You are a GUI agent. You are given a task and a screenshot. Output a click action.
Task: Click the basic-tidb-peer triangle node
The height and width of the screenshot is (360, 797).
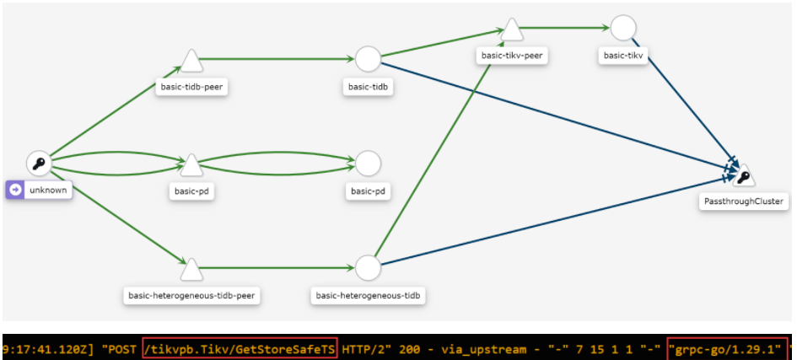pos(191,62)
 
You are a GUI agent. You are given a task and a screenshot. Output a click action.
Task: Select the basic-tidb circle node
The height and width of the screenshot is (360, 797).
pos(368,59)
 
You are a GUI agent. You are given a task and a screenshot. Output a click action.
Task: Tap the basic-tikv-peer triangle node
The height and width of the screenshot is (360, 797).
pos(511,30)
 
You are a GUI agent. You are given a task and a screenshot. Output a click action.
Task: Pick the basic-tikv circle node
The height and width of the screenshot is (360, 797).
pos(622,28)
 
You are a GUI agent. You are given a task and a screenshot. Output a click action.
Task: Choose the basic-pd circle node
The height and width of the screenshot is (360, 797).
pos(368,164)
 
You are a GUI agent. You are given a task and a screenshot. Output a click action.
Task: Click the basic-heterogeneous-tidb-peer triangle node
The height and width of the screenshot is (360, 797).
pos(191,269)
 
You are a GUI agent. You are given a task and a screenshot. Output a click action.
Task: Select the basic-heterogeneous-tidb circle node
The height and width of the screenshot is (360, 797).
pos(368,268)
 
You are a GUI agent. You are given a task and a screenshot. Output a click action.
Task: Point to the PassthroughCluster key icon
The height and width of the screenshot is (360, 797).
pos(743,176)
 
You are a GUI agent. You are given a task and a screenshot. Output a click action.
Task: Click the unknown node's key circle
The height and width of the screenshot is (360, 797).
pos(39,164)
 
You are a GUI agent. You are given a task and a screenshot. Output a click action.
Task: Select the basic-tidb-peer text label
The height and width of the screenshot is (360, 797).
pos(191,86)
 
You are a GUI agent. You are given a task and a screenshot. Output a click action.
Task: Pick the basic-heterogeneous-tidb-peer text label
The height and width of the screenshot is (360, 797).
pos(191,295)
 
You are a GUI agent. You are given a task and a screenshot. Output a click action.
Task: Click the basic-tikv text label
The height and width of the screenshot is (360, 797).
pos(622,56)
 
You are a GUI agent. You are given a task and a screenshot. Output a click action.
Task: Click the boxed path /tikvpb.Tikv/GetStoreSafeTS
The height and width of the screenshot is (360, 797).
pos(240,347)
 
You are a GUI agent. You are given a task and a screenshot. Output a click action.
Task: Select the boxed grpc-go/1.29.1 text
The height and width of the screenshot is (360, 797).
pos(727,347)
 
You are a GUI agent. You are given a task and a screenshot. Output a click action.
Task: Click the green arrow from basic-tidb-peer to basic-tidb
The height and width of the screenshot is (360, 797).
pos(278,59)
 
